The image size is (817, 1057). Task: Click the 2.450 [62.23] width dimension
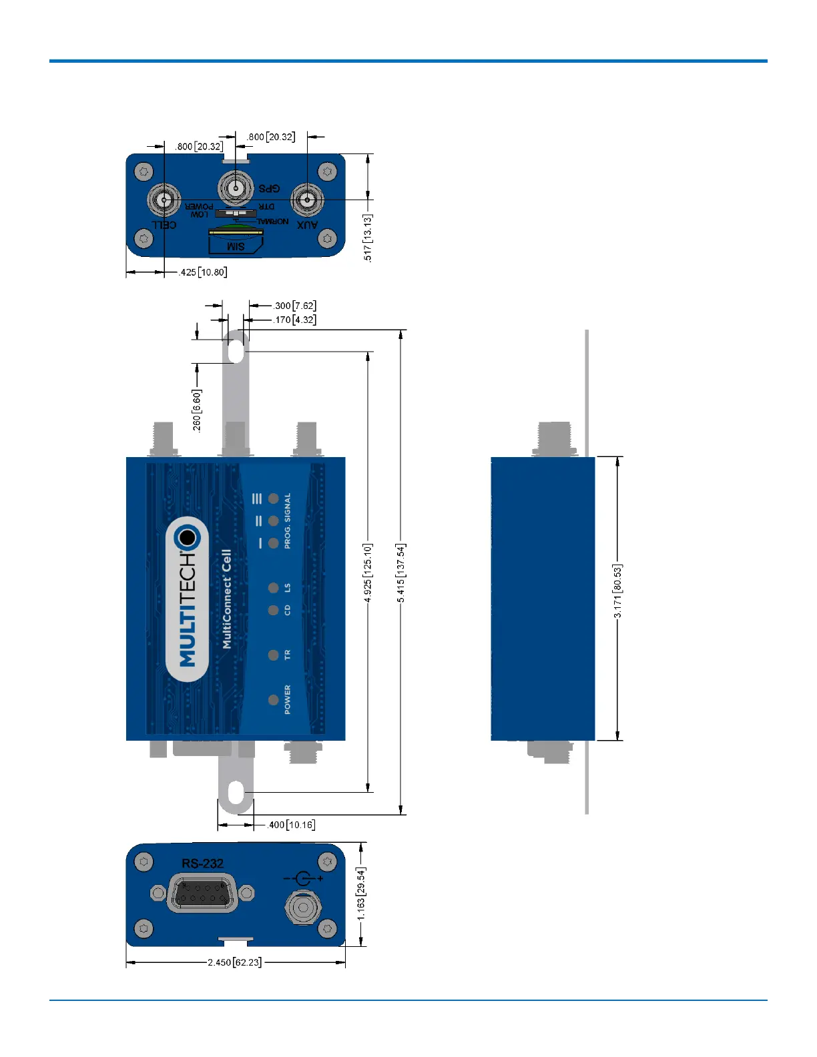tap(234, 962)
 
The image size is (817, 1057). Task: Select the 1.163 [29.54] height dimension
tap(361, 894)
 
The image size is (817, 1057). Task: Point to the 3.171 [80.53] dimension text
tap(617, 591)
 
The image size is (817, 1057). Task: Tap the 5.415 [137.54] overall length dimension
tap(400, 573)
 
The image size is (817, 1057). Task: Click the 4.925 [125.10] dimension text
tap(368, 573)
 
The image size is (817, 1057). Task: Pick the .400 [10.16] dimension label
tap(291, 825)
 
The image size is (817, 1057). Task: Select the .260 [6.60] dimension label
tap(197, 410)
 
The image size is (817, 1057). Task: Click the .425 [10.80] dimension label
tap(203, 272)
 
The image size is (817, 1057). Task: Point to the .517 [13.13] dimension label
tap(367, 238)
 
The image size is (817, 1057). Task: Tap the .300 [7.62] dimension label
tap(294, 306)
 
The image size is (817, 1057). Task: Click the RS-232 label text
tap(202, 863)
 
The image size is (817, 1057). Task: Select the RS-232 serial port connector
tap(202, 893)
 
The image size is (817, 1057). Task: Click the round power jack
tap(304, 908)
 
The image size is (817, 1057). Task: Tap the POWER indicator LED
tap(273, 700)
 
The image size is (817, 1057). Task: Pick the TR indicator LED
tap(273, 655)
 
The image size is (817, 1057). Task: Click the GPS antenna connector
tap(236, 188)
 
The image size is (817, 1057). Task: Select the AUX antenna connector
tap(307, 200)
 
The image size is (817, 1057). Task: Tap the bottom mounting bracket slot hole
tap(236, 793)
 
